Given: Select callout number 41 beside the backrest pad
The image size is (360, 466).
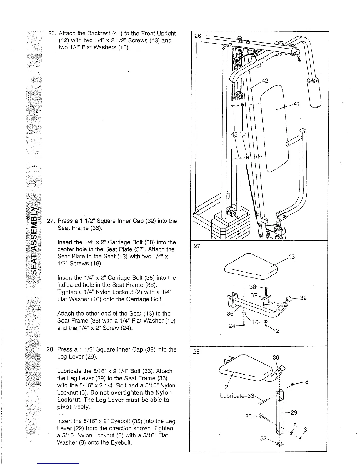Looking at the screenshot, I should [296, 104].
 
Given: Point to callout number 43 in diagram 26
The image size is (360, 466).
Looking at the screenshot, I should [234, 134].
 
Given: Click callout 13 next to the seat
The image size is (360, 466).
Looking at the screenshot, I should [291, 257].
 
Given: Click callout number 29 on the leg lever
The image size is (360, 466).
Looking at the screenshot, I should [294, 412].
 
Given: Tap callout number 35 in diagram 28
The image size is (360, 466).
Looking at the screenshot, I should [249, 416].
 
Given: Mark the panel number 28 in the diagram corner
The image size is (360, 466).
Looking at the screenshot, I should [196, 352].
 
